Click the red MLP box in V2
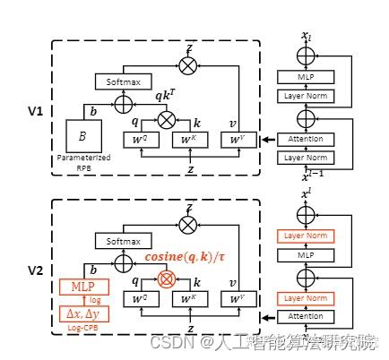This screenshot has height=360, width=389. (x=83, y=287)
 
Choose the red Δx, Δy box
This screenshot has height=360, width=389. (x=82, y=314)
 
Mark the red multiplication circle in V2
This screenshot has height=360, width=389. (x=165, y=279)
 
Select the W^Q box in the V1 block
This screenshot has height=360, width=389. (x=140, y=140)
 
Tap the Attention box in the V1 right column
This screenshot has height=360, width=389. (x=307, y=140)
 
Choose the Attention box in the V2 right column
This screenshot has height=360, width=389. (x=307, y=318)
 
